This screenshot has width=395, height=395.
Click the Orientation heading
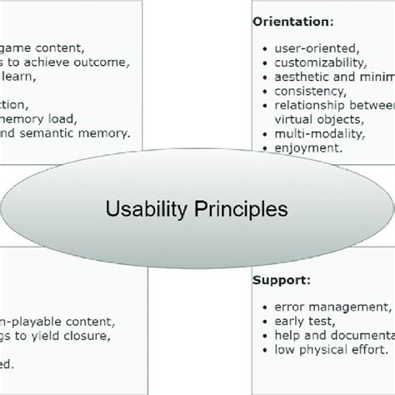point(292,21)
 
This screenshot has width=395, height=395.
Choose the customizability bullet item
point(319,62)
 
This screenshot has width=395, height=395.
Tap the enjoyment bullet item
point(307,147)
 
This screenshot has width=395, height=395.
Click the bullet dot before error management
point(264,307)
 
